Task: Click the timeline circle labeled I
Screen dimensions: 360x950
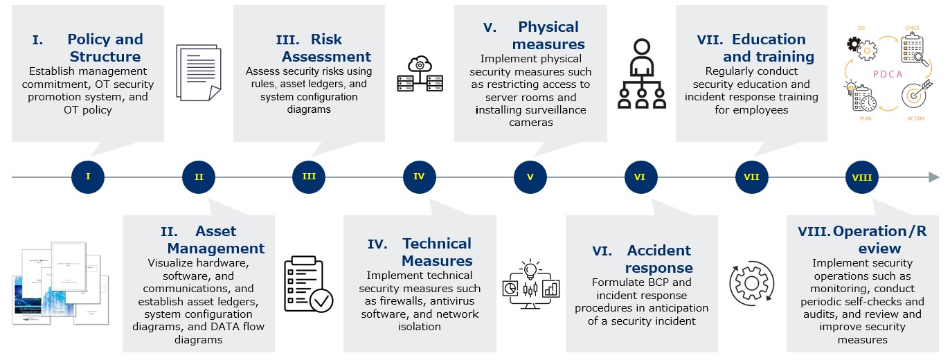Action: (88, 177)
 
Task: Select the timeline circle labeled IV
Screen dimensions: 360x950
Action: (420, 177)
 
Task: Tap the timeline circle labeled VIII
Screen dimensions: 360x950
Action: (861, 177)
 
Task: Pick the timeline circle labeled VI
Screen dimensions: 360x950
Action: (640, 177)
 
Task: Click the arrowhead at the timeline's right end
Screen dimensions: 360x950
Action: (933, 177)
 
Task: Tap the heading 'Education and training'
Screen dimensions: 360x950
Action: (760, 48)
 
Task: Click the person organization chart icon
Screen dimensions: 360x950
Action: (641, 74)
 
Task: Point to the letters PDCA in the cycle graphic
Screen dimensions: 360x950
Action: (891, 73)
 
